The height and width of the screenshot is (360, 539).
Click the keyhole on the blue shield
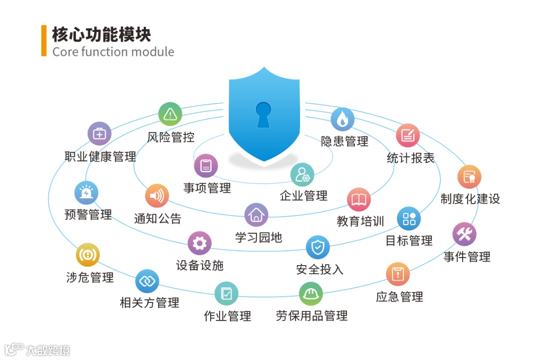coord(263,113)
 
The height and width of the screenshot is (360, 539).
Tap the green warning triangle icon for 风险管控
coord(170,114)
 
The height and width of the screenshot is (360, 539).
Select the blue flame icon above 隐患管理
coord(342,119)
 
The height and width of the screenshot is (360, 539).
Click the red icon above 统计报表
coord(408,135)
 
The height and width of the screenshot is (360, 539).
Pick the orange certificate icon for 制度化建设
coord(469,177)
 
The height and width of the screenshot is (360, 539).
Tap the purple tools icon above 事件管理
coord(464,234)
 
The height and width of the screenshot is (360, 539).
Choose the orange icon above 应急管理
coord(398,274)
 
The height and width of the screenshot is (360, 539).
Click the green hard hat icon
coord(311,294)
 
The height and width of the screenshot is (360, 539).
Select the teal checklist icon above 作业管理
coord(227,294)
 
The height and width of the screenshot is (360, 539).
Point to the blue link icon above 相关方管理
coord(147,281)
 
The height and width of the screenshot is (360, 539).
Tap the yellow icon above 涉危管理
coord(88,255)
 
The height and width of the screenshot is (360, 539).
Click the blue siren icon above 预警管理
coord(86,193)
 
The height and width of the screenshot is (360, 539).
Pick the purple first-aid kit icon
coord(99,133)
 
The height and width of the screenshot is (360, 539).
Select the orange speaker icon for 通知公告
coord(157,196)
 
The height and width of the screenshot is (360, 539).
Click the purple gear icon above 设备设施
coord(199,243)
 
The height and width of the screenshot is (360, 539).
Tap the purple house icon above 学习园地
coord(256,215)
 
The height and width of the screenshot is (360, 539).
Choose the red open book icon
coord(359,200)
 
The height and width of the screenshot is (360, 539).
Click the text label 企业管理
coord(303,196)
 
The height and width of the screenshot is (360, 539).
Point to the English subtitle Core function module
coord(113,52)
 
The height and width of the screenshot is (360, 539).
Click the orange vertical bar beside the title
coord(44,41)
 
